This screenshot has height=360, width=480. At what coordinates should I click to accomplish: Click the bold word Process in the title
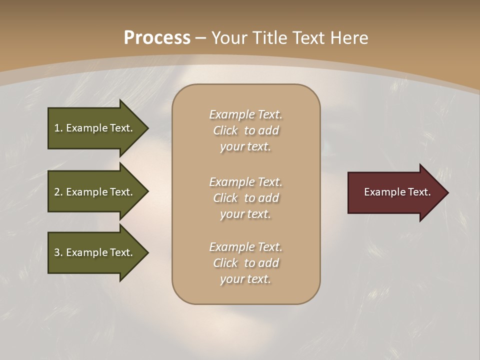pyautogui.click(x=157, y=38)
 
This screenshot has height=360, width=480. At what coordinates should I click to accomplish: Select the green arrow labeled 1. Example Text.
pyautogui.click(x=95, y=128)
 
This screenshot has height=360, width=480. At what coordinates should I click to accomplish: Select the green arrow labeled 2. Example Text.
pyautogui.click(x=95, y=192)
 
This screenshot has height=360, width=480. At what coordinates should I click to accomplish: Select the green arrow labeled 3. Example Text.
pyautogui.click(x=95, y=252)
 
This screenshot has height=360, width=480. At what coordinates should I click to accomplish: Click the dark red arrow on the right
pyautogui.click(x=395, y=192)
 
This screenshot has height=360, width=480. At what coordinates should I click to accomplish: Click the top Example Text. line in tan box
pyautogui.click(x=245, y=114)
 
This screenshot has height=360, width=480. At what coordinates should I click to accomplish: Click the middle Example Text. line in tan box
pyautogui.click(x=245, y=182)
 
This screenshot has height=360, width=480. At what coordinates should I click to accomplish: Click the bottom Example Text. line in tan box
pyautogui.click(x=245, y=247)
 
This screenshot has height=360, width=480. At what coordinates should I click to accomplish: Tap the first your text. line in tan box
pyautogui.click(x=245, y=147)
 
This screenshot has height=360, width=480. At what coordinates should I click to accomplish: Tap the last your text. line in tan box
pyautogui.click(x=245, y=279)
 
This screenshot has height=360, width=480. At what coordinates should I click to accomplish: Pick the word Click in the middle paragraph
pyautogui.click(x=225, y=198)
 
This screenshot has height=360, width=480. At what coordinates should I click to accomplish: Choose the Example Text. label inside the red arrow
pyautogui.click(x=397, y=192)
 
